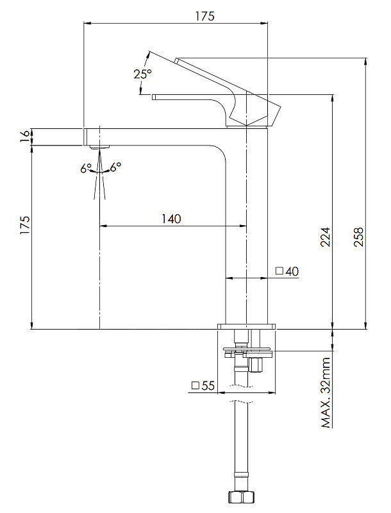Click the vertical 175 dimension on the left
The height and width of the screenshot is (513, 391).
[x=25, y=225]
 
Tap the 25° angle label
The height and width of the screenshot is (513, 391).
[x=142, y=74]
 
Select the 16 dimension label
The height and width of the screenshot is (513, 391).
[x=25, y=136]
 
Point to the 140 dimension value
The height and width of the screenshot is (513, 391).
[x=171, y=219]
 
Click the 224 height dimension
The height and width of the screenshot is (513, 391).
[x=325, y=237]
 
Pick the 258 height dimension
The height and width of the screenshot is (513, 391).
[x=358, y=237]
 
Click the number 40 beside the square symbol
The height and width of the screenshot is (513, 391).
[x=292, y=271]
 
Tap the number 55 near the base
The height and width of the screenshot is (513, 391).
[x=208, y=386]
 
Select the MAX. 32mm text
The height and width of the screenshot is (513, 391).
[x=326, y=392]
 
